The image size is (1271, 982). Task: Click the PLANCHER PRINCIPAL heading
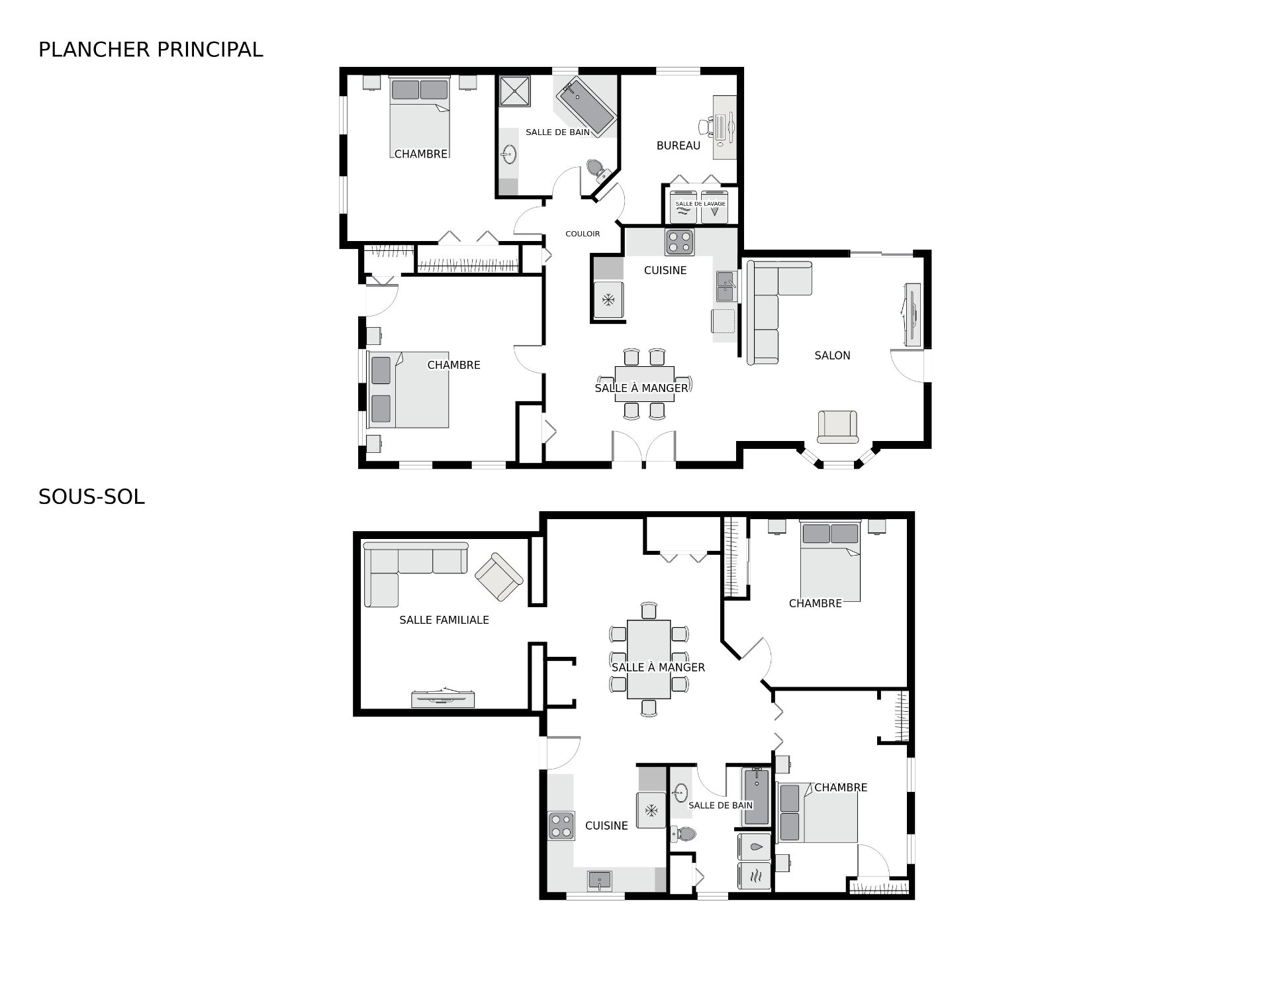click(151, 50)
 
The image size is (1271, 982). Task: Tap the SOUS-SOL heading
click(91, 497)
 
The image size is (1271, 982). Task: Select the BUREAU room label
click(678, 146)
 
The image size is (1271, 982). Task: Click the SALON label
click(832, 356)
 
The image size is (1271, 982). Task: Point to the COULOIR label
click(583, 234)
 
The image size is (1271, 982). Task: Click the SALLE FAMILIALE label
click(444, 620)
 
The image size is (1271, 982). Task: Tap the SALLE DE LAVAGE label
click(700, 204)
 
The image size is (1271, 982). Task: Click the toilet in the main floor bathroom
click(598, 170)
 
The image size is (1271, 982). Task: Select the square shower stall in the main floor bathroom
click(515, 91)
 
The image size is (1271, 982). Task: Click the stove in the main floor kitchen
click(679, 242)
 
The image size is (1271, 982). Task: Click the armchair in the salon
click(837, 427)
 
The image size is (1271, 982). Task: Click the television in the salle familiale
click(444, 697)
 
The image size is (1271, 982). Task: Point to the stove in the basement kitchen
click(561, 826)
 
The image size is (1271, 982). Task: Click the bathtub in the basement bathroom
click(756, 797)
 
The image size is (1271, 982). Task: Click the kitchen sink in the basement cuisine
click(600, 881)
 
